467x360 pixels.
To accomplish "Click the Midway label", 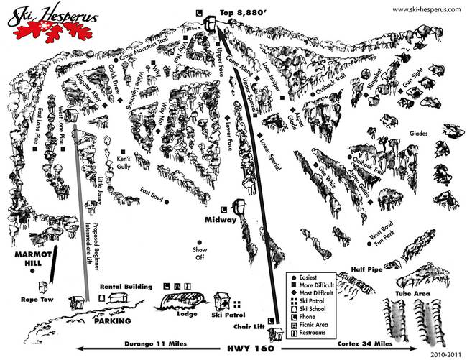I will [x=219, y=221].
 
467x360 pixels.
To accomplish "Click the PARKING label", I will [x=108, y=320].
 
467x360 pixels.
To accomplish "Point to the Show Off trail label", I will [x=200, y=253].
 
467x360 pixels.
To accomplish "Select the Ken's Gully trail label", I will [x=124, y=162].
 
